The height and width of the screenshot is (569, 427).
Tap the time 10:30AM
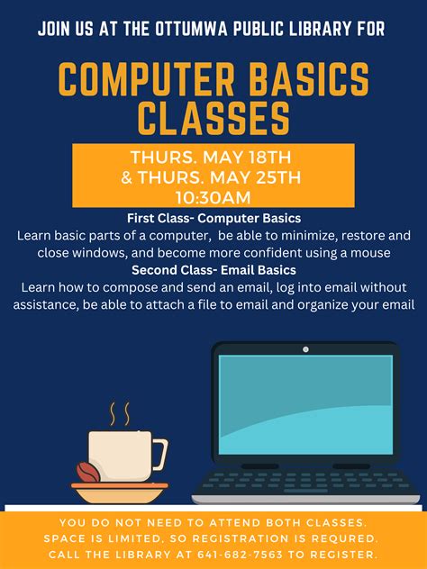[x=213, y=197]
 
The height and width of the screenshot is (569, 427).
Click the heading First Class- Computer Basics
[x=213, y=219]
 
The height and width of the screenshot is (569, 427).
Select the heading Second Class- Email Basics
[x=213, y=270]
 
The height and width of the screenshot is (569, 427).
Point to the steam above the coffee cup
[x=120, y=414]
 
